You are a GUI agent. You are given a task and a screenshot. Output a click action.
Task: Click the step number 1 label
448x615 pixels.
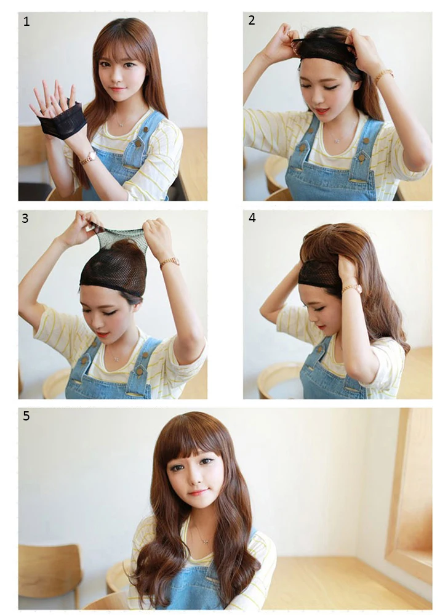click(26, 21)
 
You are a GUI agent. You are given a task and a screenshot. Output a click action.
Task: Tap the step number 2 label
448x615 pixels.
click(252, 20)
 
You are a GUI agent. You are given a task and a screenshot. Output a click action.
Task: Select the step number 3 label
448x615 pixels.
click(25, 219)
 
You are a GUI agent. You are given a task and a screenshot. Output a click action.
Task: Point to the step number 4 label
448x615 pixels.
click(252, 218)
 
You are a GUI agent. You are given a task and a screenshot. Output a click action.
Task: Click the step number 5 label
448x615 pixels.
click(26, 416)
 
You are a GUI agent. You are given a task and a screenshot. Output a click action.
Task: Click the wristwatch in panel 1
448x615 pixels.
click(89, 158)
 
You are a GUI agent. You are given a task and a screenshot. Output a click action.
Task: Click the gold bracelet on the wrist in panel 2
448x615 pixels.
click(383, 76)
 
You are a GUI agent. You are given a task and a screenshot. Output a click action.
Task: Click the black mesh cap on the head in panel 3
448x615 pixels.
click(114, 267)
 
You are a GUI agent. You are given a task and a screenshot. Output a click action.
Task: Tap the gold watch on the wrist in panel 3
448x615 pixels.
click(169, 262)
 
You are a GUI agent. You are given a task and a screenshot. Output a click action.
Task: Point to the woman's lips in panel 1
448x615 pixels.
click(117, 89)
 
